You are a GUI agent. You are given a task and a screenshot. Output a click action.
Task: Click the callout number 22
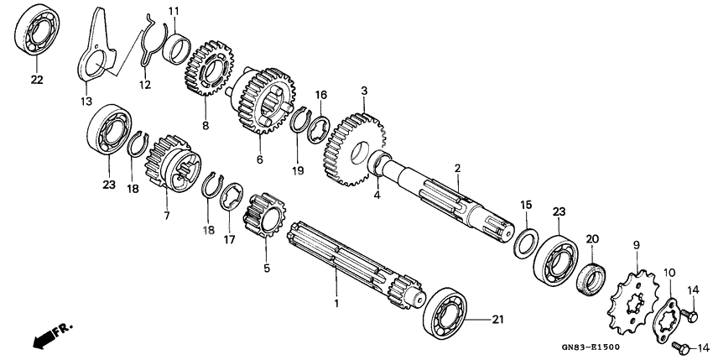tap(36, 81)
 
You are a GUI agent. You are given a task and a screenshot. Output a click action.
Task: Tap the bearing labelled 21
tap(450, 312)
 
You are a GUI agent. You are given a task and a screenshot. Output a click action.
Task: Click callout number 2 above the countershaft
tap(457, 169)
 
